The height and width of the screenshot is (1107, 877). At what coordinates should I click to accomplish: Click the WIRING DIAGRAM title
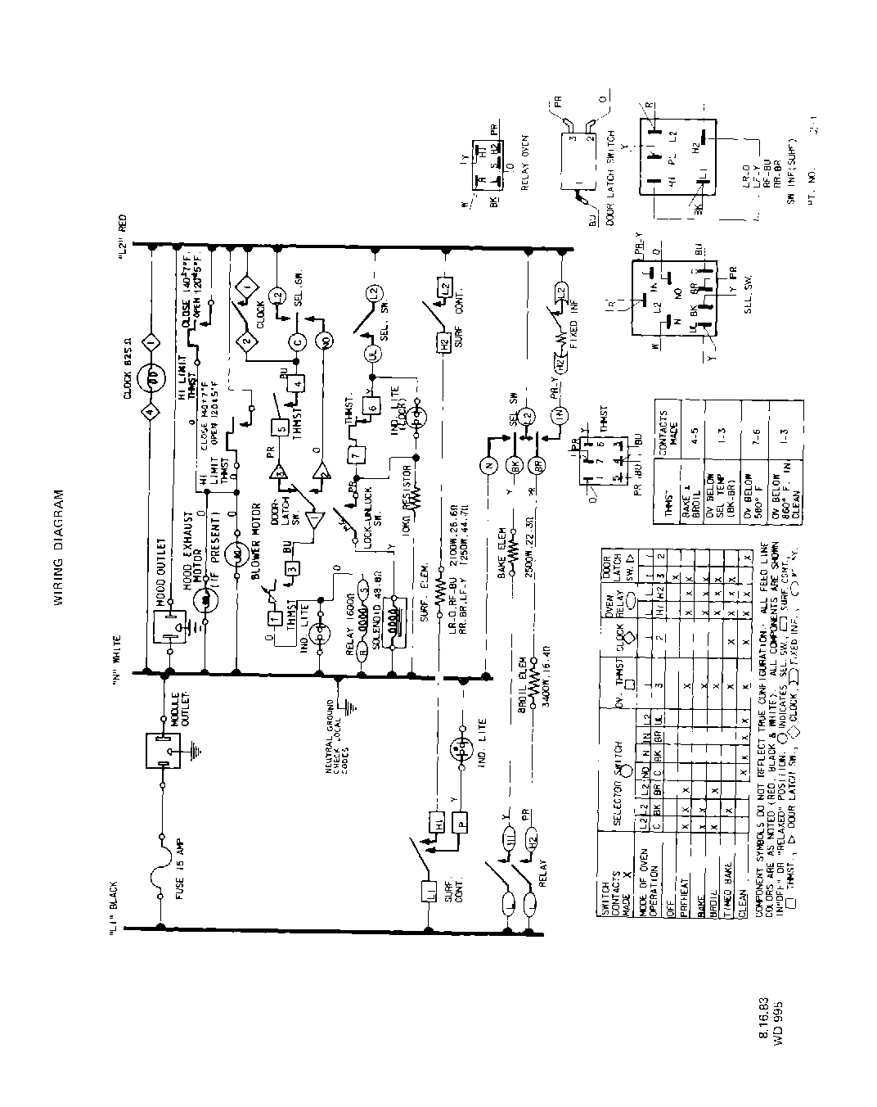point(59,548)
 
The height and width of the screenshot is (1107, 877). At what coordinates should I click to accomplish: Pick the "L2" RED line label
point(123,237)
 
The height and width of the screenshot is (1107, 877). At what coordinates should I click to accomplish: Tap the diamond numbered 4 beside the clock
point(150,412)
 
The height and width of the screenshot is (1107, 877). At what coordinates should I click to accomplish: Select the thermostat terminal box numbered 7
point(355,454)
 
